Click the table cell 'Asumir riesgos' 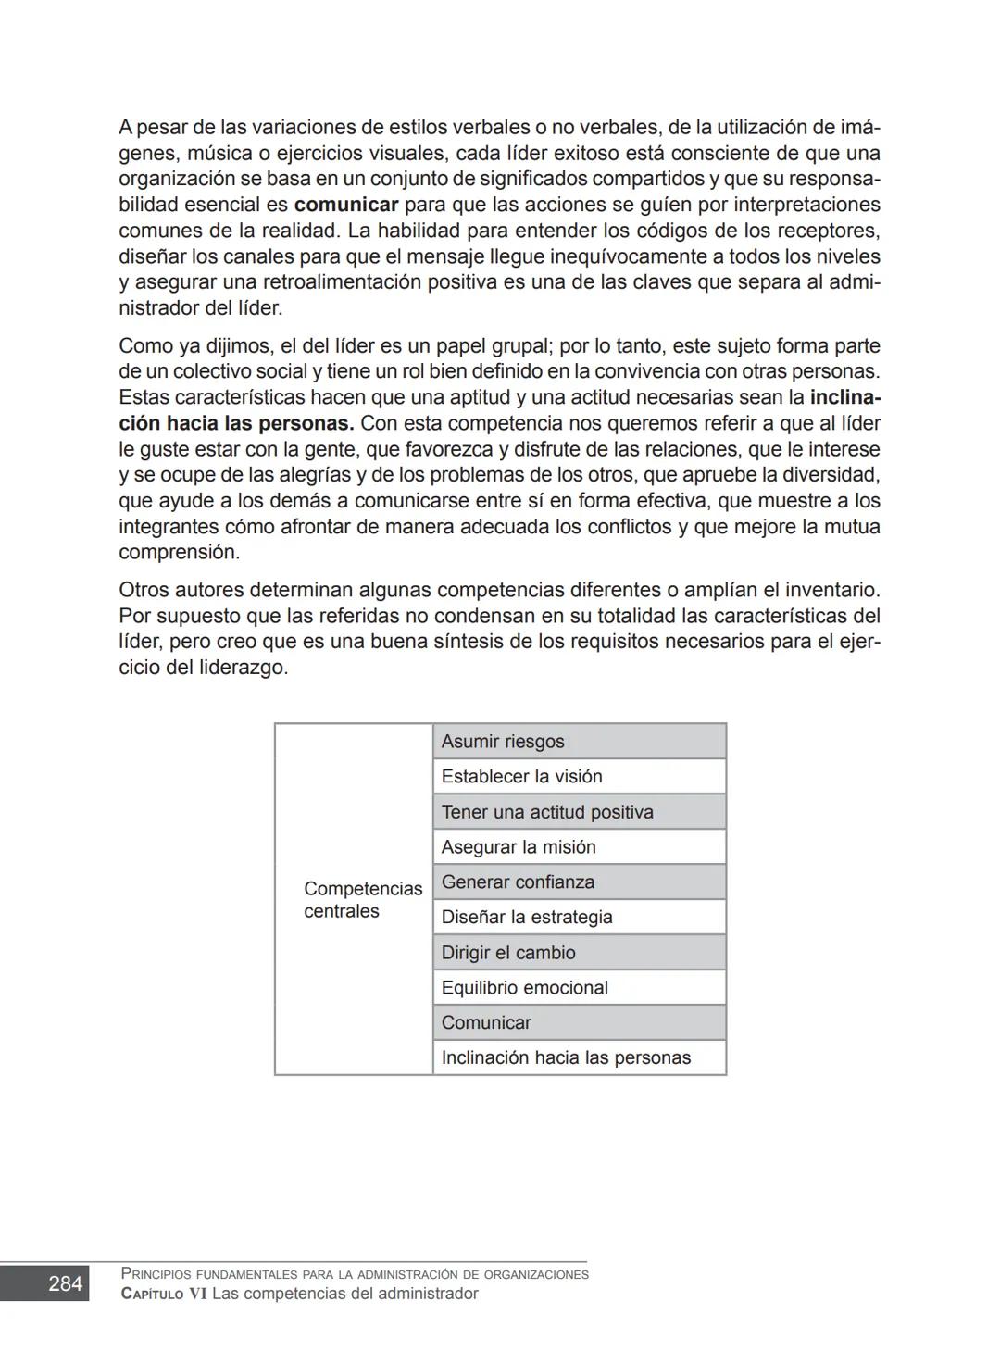coord(579,742)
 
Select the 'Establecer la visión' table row coord(579,777)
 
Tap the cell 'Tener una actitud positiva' coord(579,812)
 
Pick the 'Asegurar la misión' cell coord(579,847)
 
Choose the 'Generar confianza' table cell coord(579,882)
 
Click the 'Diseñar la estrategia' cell coord(579,918)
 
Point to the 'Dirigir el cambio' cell coord(579,953)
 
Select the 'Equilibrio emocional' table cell coord(579,988)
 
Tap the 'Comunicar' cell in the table coord(579,1023)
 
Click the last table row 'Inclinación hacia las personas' coord(579,1057)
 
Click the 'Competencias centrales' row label coord(362,900)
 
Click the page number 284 coord(65,1283)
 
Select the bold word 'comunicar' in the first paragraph coord(345,205)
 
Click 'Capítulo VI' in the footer coord(164,1294)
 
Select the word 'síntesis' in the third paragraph coord(465,642)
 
